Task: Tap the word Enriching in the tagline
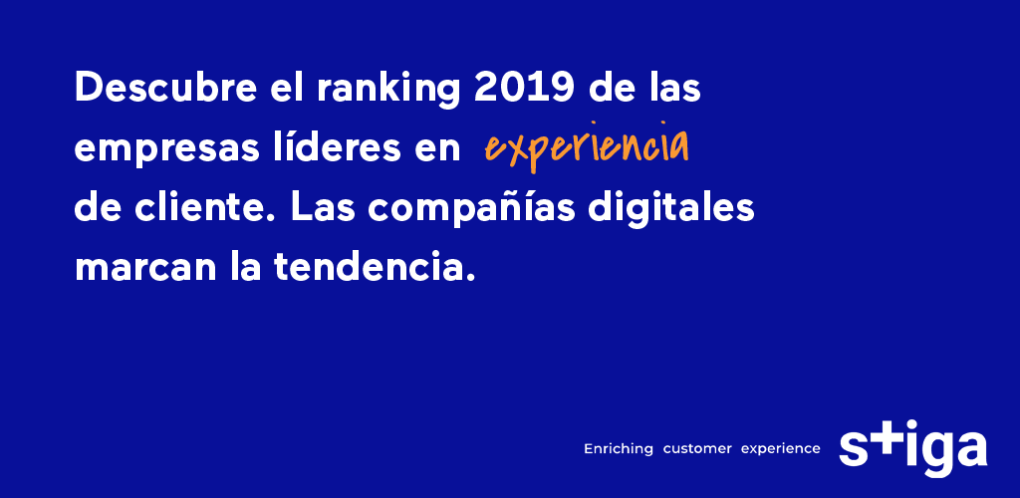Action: pyautogui.click(x=619, y=449)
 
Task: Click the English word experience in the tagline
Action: pyautogui.click(x=780, y=449)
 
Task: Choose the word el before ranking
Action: pyautogui.click(x=290, y=90)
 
